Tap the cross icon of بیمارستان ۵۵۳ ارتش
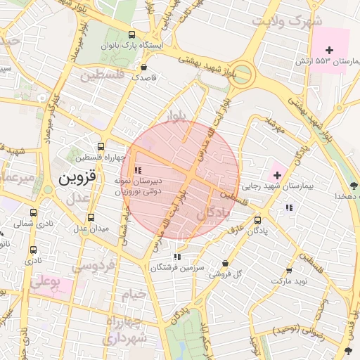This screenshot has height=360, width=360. coord(329,49)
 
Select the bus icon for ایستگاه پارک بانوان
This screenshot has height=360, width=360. coord(132,34)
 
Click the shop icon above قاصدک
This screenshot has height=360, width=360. coord(144,68)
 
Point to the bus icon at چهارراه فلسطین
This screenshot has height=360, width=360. coord(101,147)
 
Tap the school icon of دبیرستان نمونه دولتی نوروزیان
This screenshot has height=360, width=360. coord(138,169)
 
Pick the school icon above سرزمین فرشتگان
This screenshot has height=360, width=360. coord(176,257)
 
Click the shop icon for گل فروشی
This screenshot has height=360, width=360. coord(225,264)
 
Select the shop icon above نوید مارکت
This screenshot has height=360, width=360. coord(288,271)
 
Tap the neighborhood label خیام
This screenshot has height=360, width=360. coord(133,292)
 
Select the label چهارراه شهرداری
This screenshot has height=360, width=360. coord(127,330)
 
